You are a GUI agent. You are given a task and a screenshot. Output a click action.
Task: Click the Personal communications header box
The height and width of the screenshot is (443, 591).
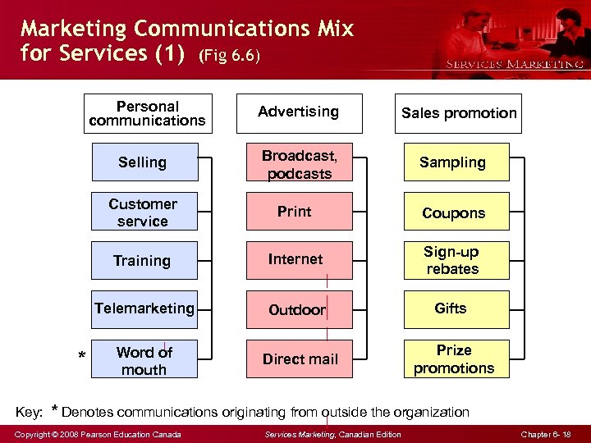point(148,113)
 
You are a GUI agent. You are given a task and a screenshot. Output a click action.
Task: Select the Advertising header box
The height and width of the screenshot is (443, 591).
point(299,112)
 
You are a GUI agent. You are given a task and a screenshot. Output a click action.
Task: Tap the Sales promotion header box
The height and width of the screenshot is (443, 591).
point(459,113)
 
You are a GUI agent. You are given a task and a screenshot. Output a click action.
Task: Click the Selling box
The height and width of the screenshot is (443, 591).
point(144,162)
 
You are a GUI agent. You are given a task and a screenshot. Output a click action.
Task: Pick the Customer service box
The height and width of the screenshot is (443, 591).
point(144,212)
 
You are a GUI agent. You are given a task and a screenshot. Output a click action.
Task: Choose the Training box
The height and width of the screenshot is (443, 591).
point(144,260)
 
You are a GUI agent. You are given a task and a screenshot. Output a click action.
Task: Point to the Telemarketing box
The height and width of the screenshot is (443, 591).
point(144,309)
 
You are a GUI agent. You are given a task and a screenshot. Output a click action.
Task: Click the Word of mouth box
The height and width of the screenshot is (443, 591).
point(144,359)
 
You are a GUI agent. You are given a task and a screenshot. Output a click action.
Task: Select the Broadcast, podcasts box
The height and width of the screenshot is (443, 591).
point(300,163)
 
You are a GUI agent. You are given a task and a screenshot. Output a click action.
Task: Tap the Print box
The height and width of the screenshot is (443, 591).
point(300,212)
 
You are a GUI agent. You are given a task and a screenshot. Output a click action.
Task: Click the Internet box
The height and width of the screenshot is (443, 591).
point(300,260)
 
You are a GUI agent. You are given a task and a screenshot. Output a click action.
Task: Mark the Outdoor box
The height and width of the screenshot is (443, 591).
point(300,310)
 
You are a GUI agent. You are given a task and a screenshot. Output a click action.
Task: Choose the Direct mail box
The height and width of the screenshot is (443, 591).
point(300,359)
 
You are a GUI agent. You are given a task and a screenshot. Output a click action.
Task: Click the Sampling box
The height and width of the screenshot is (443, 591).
point(456,162)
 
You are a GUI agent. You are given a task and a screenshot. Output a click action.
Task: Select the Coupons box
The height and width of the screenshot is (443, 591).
point(456,212)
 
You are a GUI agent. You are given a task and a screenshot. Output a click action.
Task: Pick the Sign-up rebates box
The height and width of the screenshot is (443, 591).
point(456,260)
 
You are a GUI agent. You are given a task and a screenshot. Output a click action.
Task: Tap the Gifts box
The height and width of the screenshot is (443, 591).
point(456,309)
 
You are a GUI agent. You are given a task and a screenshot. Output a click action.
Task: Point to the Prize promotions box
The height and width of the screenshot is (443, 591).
point(456,359)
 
